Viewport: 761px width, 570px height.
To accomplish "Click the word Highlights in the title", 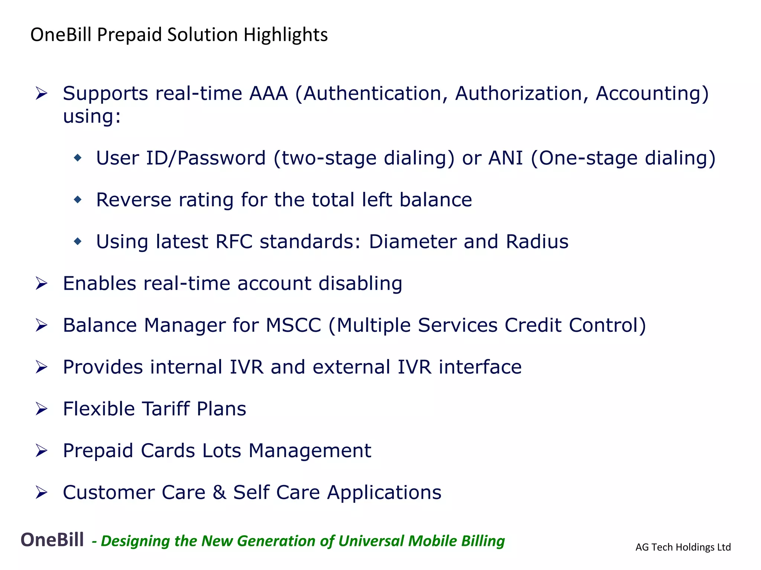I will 285,35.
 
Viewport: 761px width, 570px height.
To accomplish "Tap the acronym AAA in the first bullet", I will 268,93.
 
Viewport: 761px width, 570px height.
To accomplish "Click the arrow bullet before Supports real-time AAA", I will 41,93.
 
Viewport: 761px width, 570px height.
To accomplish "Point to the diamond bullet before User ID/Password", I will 78,158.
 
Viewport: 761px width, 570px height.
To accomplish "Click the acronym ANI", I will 505,158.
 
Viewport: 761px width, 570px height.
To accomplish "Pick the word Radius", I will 537,242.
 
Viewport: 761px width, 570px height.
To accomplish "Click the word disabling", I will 360,284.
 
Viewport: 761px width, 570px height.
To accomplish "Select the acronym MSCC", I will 293,325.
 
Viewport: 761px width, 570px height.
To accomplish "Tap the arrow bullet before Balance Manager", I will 41,325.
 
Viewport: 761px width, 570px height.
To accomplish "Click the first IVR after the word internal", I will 246,367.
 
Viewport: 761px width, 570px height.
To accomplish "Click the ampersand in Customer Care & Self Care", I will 219,493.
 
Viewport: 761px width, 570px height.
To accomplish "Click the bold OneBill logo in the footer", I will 52,540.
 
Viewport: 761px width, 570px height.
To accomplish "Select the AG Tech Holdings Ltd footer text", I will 683,547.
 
